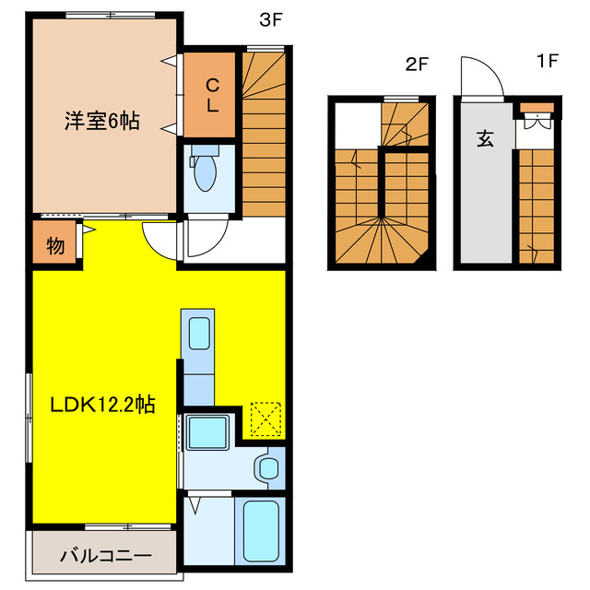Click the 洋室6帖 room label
coord(101,121)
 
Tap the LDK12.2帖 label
coord(101,403)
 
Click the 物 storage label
coord(55,246)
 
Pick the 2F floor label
coord(418,64)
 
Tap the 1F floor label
coord(549,62)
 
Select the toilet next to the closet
coord(207,171)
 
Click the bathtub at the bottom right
coord(260,532)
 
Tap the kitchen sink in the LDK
coord(198,333)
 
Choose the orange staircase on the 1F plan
coord(536,207)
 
